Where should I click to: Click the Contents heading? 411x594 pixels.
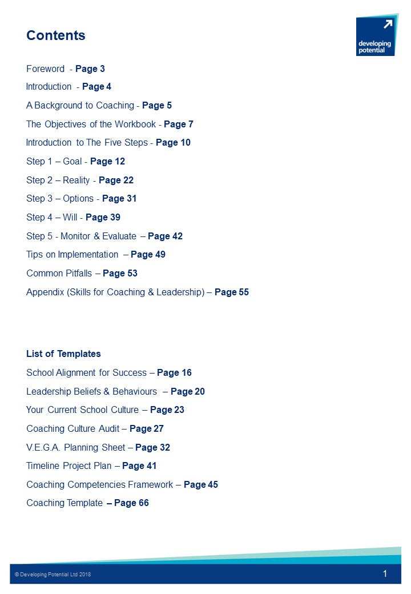pyautogui.click(x=55, y=35)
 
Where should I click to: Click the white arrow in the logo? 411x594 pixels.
pyautogui.click(x=388, y=24)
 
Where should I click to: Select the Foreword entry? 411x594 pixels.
pyautogui.click(x=46, y=69)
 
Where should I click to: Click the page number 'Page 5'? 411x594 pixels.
pyautogui.click(x=157, y=106)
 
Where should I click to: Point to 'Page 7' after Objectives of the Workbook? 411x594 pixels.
pyautogui.click(x=179, y=125)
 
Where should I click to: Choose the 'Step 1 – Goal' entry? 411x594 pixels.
pyautogui.click(x=54, y=162)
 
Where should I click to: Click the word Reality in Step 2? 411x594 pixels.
pyautogui.click(x=76, y=180)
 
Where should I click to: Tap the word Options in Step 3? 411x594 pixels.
pyautogui.click(x=78, y=199)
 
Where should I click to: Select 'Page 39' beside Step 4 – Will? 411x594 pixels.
pyautogui.click(x=103, y=218)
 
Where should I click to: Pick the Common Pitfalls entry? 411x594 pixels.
pyautogui.click(x=59, y=274)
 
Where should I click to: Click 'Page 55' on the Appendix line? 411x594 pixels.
pyautogui.click(x=232, y=292)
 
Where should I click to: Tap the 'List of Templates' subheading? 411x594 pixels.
pyautogui.click(x=63, y=354)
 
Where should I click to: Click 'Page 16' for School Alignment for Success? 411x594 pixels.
pyautogui.click(x=174, y=373)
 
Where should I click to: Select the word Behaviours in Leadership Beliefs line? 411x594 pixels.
pyautogui.click(x=135, y=392)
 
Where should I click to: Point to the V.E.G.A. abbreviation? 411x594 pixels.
pyautogui.click(x=43, y=448)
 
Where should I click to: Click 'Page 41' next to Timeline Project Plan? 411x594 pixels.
pyautogui.click(x=139, y=466)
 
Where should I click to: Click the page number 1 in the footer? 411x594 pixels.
pyautogui.click(x=385, y=574)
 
